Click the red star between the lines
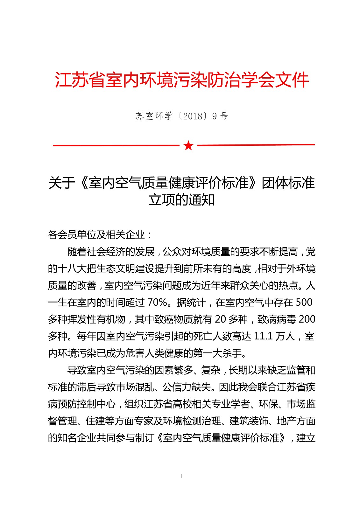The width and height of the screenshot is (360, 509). (188, 145)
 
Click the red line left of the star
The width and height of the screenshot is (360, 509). (116, 145)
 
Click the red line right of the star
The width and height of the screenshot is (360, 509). (256, 145)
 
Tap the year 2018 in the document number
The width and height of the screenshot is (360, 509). (193, 116)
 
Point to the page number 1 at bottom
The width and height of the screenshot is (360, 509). (182, 476)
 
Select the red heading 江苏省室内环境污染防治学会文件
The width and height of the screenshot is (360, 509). (182, 80)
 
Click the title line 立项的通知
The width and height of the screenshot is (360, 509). (182, 200)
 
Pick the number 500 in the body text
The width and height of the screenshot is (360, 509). (304, 302)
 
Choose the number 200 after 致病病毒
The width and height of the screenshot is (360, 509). (307, 319)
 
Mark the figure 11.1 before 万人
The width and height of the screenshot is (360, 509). (263, 336)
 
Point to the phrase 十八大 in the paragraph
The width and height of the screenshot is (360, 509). (72, 268)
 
